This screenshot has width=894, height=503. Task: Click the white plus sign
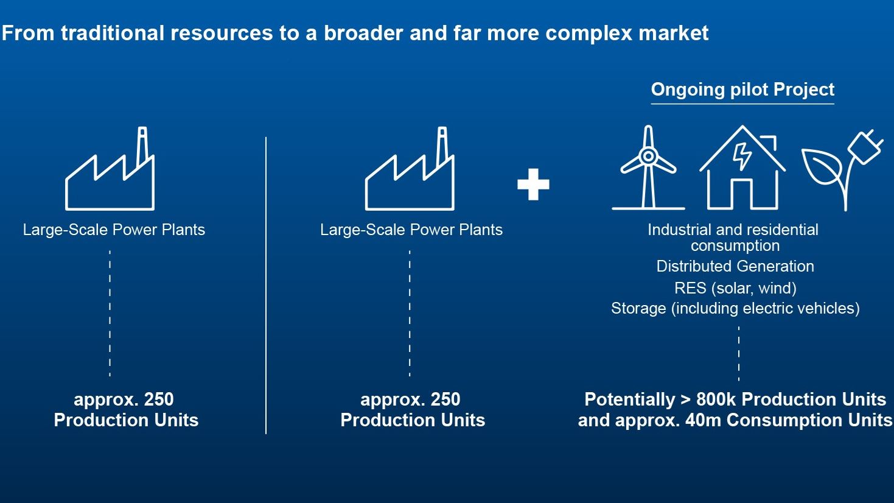(x=533, y=185)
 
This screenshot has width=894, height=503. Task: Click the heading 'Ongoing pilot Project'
(x=742, y=90)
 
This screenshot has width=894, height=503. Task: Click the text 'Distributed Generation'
(x=735, y=266)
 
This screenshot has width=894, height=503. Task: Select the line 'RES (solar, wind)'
(x=735, y=288)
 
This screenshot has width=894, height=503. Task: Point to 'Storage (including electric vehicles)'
(x=735, y=308)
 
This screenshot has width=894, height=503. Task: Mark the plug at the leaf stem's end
(x=865, y=147)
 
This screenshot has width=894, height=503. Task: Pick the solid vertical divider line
(x=266, y=286)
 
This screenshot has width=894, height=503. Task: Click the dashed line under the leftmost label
(x=110, y=314)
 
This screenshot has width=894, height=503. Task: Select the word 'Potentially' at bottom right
(x=629, y=399)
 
